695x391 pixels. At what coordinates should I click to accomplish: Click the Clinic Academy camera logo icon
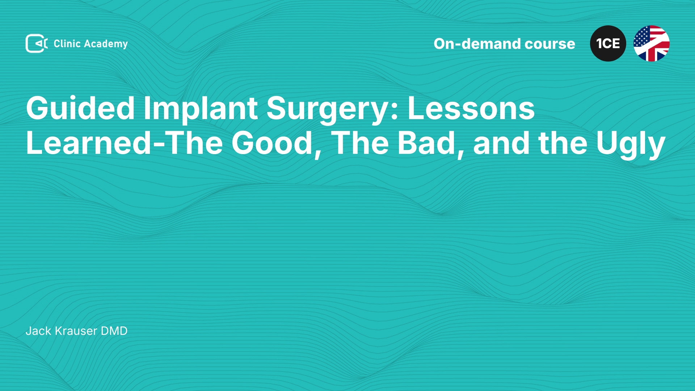[x=37, y=43]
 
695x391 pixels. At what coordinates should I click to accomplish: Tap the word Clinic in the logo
[x=67, y=43]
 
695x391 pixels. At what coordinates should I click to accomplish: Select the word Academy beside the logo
[x=106, y=44]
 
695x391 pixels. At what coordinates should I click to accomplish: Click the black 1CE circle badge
[x=608, y=43]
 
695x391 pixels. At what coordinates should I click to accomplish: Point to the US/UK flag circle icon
[x=652, y=43]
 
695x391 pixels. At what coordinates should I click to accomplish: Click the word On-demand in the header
[x=477, y=44]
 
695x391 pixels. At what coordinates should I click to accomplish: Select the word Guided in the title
[x=80, y=108]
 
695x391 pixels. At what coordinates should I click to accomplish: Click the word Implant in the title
[x=201, y=109]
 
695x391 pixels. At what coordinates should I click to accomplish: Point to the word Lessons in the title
[x=471, y=108]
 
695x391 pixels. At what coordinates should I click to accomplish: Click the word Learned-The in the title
[x=124, y=143]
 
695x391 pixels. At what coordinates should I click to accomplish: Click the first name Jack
[x=39, y=331]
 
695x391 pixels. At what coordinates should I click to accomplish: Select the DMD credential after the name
[x=114, y=331]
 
